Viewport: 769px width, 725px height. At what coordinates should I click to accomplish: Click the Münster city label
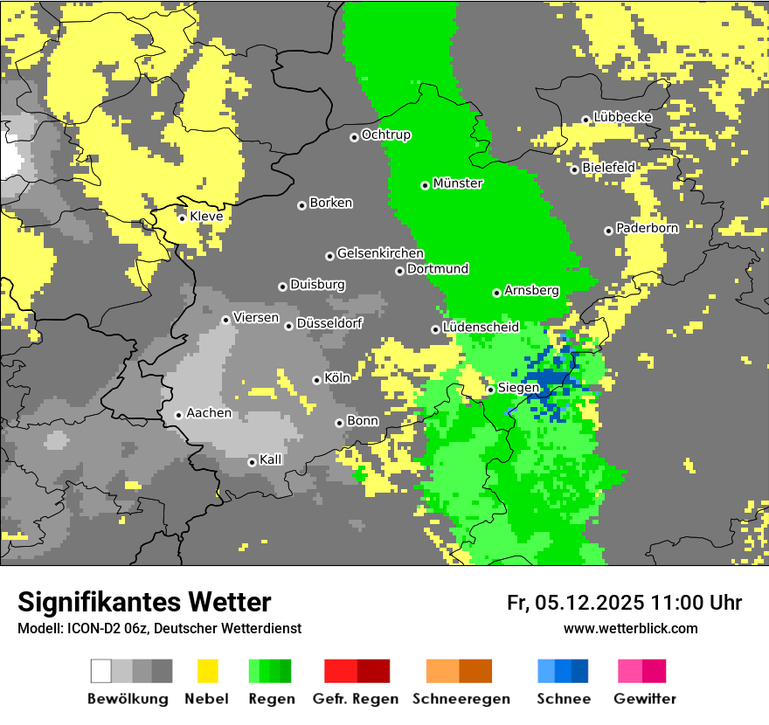(458, 183)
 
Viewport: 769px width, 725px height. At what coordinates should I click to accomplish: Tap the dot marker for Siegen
(491, 390)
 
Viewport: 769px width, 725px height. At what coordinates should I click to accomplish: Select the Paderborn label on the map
(647, 228)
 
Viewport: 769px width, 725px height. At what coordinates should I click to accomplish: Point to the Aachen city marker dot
(178, 415)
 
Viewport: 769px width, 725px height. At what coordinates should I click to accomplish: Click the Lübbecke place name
(622, 117)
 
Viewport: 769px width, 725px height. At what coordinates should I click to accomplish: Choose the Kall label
(271, 459)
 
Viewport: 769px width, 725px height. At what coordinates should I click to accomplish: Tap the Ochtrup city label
(386, 135)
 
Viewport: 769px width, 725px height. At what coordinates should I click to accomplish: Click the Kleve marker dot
(183, 217)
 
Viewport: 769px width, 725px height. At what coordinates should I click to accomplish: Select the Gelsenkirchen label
(380, 253)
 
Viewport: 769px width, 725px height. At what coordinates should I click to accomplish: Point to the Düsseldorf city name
(329, 323)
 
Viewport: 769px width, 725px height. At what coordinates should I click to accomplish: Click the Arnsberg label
(531, 290)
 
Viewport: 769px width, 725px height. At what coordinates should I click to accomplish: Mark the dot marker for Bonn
(340, 423)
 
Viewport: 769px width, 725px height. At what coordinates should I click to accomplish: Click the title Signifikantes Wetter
(144, 603)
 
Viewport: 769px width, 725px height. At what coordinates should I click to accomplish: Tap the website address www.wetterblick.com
(630, 629)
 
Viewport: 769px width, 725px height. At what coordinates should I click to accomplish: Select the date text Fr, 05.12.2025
(575, 603)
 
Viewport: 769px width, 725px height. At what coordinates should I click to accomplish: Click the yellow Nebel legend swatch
(207, 671)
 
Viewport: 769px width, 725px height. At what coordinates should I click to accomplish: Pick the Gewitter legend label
(644, 699)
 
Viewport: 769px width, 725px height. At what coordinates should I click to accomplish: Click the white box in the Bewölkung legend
(101, 671)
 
